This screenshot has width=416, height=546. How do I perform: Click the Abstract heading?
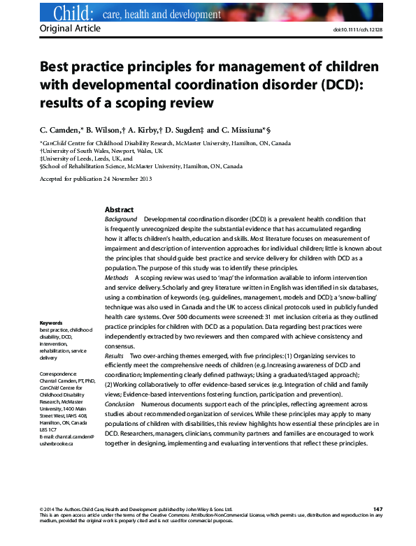click(x=119, y=210)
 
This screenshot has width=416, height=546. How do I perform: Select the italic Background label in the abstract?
click(x=120, y=219)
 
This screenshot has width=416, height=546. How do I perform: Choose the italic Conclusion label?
click(x=120, y=404)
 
